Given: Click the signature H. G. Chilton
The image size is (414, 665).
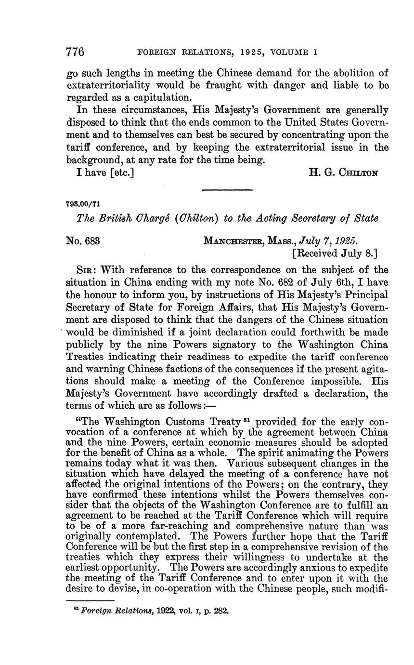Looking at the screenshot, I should click(x=343, y=173).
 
